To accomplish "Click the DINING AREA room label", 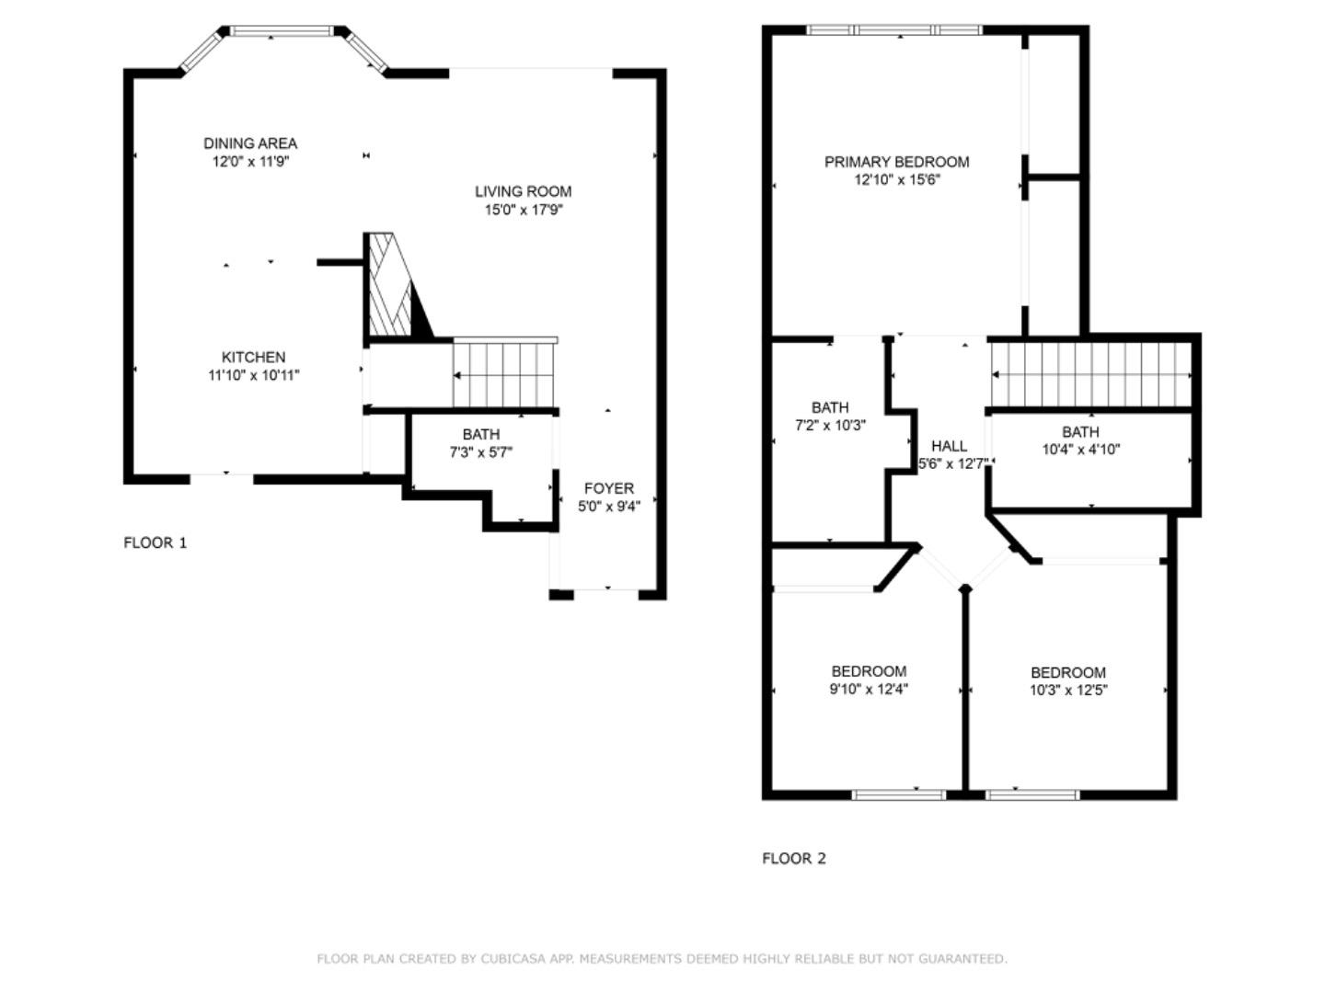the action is pos(250,143).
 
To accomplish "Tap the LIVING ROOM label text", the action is pos(523,192).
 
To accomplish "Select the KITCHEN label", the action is pos(253,357).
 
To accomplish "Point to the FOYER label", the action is pos(608,488).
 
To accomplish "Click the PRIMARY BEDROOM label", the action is pos(896,162).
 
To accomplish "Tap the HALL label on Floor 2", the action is pos(949,446).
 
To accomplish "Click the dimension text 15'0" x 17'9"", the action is pos(524,211).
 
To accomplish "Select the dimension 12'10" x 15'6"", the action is pos(897,180).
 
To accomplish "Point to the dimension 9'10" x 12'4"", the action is pos(869,690).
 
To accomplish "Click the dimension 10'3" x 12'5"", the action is pos(1068,691).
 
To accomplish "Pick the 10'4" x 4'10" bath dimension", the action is pos(1080,450).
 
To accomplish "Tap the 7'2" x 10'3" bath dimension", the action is pos(830,426).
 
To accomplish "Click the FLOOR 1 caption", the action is pos(156,543).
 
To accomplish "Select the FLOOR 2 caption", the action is pos(794,859).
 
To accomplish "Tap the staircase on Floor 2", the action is pos(1091,374).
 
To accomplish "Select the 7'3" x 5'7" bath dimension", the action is pos(481,452).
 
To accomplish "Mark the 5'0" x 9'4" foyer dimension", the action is pos(609,507).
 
